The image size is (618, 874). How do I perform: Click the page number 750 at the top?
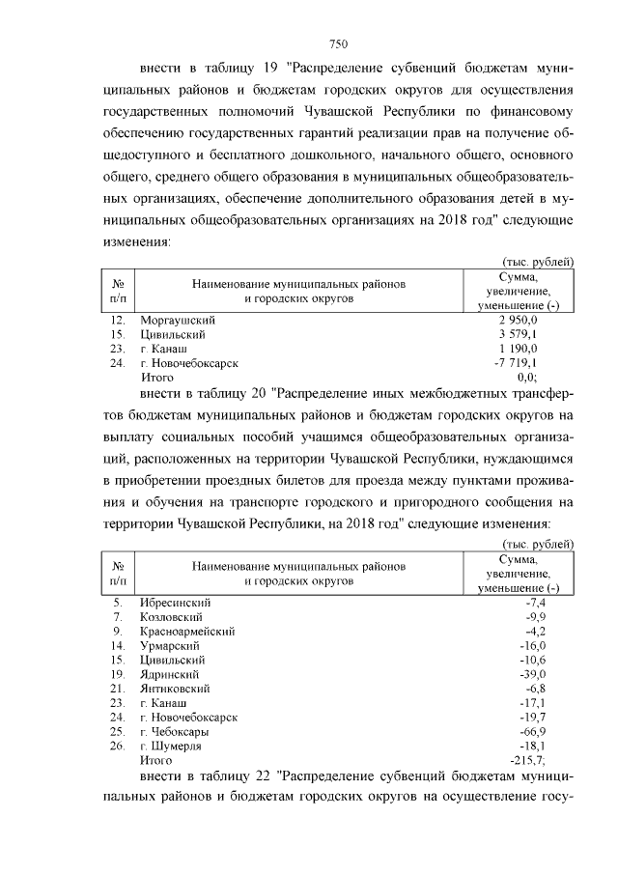(338, 43)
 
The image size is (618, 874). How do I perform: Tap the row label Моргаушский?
(177, 319)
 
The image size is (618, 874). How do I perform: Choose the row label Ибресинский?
(175, 602)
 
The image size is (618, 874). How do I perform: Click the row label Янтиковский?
(175, 688)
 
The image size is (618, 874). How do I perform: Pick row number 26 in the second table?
(118, 746)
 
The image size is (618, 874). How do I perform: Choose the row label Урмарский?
(169, 645)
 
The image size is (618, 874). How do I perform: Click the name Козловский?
(171, 616)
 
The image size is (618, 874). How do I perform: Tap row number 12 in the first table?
(118, 319)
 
